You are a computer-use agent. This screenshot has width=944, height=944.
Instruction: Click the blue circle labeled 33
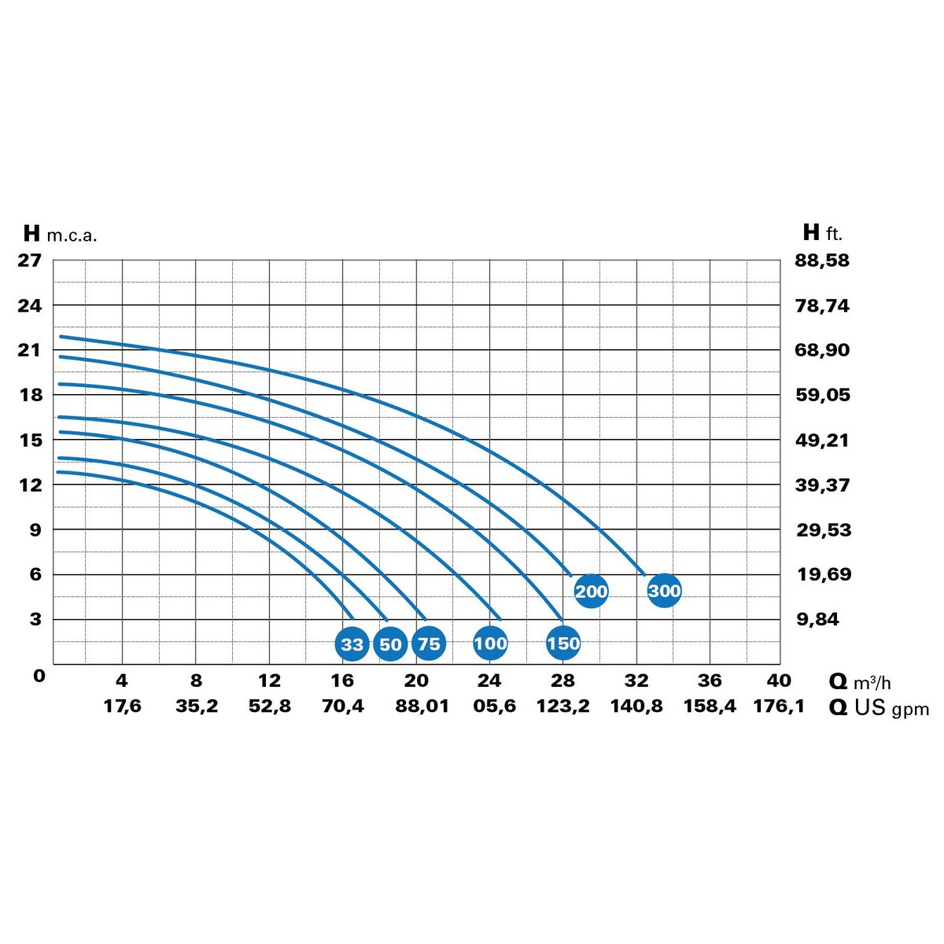point(352,644)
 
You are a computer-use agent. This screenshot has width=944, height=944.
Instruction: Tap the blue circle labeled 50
point(390,644)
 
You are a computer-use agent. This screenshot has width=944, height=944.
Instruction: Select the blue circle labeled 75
point(429,644)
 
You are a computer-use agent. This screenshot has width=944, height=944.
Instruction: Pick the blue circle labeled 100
point(490,643)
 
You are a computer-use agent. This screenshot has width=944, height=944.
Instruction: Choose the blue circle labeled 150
point(563,643)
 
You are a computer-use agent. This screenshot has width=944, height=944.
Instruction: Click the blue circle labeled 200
point(591,591)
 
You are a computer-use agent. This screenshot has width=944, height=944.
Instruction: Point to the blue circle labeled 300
point(664,590)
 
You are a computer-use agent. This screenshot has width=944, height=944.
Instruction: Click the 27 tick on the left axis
point(30,260)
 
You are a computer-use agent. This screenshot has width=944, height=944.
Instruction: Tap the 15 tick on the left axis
point(30,440)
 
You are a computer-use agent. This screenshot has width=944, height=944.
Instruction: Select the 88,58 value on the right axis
point(822,260)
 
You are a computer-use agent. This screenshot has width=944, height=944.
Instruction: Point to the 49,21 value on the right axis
point(822,440)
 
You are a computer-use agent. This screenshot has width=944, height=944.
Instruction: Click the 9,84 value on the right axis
point(817,619)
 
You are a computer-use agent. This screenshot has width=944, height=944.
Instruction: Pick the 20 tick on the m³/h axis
point(416,680)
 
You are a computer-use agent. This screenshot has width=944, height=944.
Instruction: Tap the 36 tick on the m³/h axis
point(710,680)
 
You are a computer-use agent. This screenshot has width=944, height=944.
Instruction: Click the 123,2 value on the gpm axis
point(562,706)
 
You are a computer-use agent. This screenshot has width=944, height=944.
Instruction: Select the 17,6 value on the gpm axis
point(122,706)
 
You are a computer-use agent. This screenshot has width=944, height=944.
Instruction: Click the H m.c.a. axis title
point(60,234)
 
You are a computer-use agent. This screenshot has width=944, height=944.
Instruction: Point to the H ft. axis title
point(822,233)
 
